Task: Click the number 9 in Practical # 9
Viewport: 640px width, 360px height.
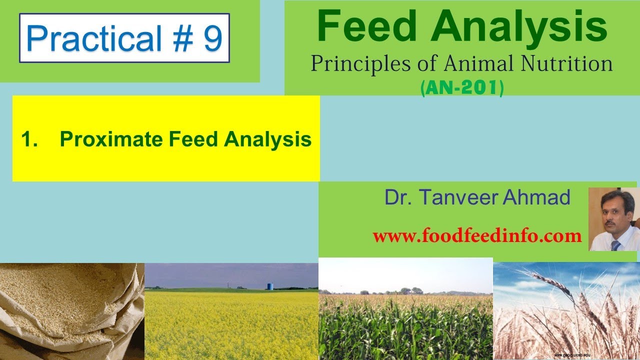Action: tap(212, 38)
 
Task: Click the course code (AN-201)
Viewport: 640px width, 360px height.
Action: tap(462, 88)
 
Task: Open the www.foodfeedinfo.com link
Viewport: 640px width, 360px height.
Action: tap(477, 235)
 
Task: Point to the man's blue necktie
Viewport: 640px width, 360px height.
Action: tap(615, 244)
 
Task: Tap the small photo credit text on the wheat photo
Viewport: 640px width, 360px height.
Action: tap(572, 354)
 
